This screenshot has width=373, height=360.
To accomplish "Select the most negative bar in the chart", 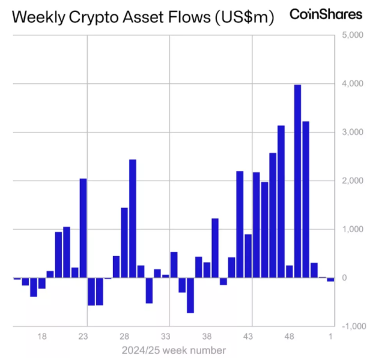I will tap(190, 295).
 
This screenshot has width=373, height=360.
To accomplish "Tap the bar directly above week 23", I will tap(83, 228).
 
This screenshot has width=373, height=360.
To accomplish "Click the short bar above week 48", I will tap(289, 271).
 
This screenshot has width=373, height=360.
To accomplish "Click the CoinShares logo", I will tap(326, 14).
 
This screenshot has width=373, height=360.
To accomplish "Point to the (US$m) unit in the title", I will tap(243, 17).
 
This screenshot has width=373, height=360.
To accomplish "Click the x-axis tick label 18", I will tap(42, 336).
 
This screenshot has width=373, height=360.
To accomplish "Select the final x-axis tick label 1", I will tap(331, 336).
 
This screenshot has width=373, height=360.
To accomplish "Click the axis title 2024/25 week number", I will tap(174, 350).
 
